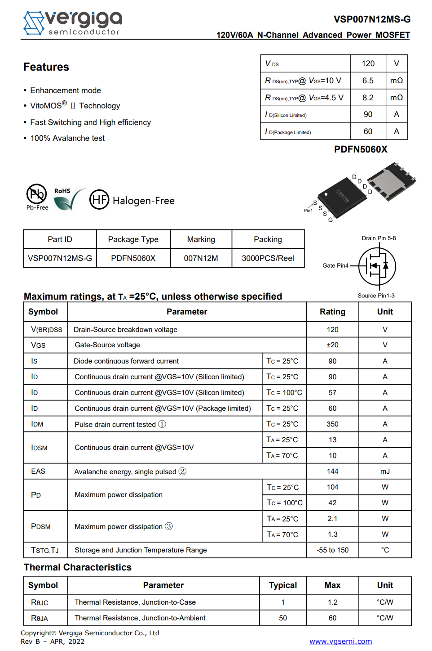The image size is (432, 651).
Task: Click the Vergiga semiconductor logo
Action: [x=72, y=23]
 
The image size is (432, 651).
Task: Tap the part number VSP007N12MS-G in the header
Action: [x=372, y=19]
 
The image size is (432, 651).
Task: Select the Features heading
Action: [x=46, y=67]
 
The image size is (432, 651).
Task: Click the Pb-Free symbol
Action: [x=37, y=197]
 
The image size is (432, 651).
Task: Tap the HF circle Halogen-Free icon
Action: [x=99, y=200]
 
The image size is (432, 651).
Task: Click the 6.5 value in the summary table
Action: [x=368, y=81]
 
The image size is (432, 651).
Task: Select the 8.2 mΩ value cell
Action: [x=368, y=98]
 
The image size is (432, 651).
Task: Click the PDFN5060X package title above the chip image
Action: [x=361, y=149]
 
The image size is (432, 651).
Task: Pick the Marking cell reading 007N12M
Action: [x=201, y=258]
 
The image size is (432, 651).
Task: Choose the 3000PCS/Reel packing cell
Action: [x=268, y=258]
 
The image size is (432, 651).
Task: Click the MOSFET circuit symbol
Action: [x=377, y=266]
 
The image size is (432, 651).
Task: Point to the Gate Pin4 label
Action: [x=335, y=265]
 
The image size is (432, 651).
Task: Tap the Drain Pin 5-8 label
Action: [x=379, y=238]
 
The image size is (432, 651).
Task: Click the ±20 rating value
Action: [x=332, y=345]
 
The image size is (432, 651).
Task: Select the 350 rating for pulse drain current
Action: [x=332, y=424]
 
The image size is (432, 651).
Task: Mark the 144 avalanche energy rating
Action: [x=332, y=471]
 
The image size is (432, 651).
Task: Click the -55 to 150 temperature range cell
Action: [x=332, y=550]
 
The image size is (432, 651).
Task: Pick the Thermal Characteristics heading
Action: [x=78, y=567]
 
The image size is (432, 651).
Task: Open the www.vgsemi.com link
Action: [x=340, y=642]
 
